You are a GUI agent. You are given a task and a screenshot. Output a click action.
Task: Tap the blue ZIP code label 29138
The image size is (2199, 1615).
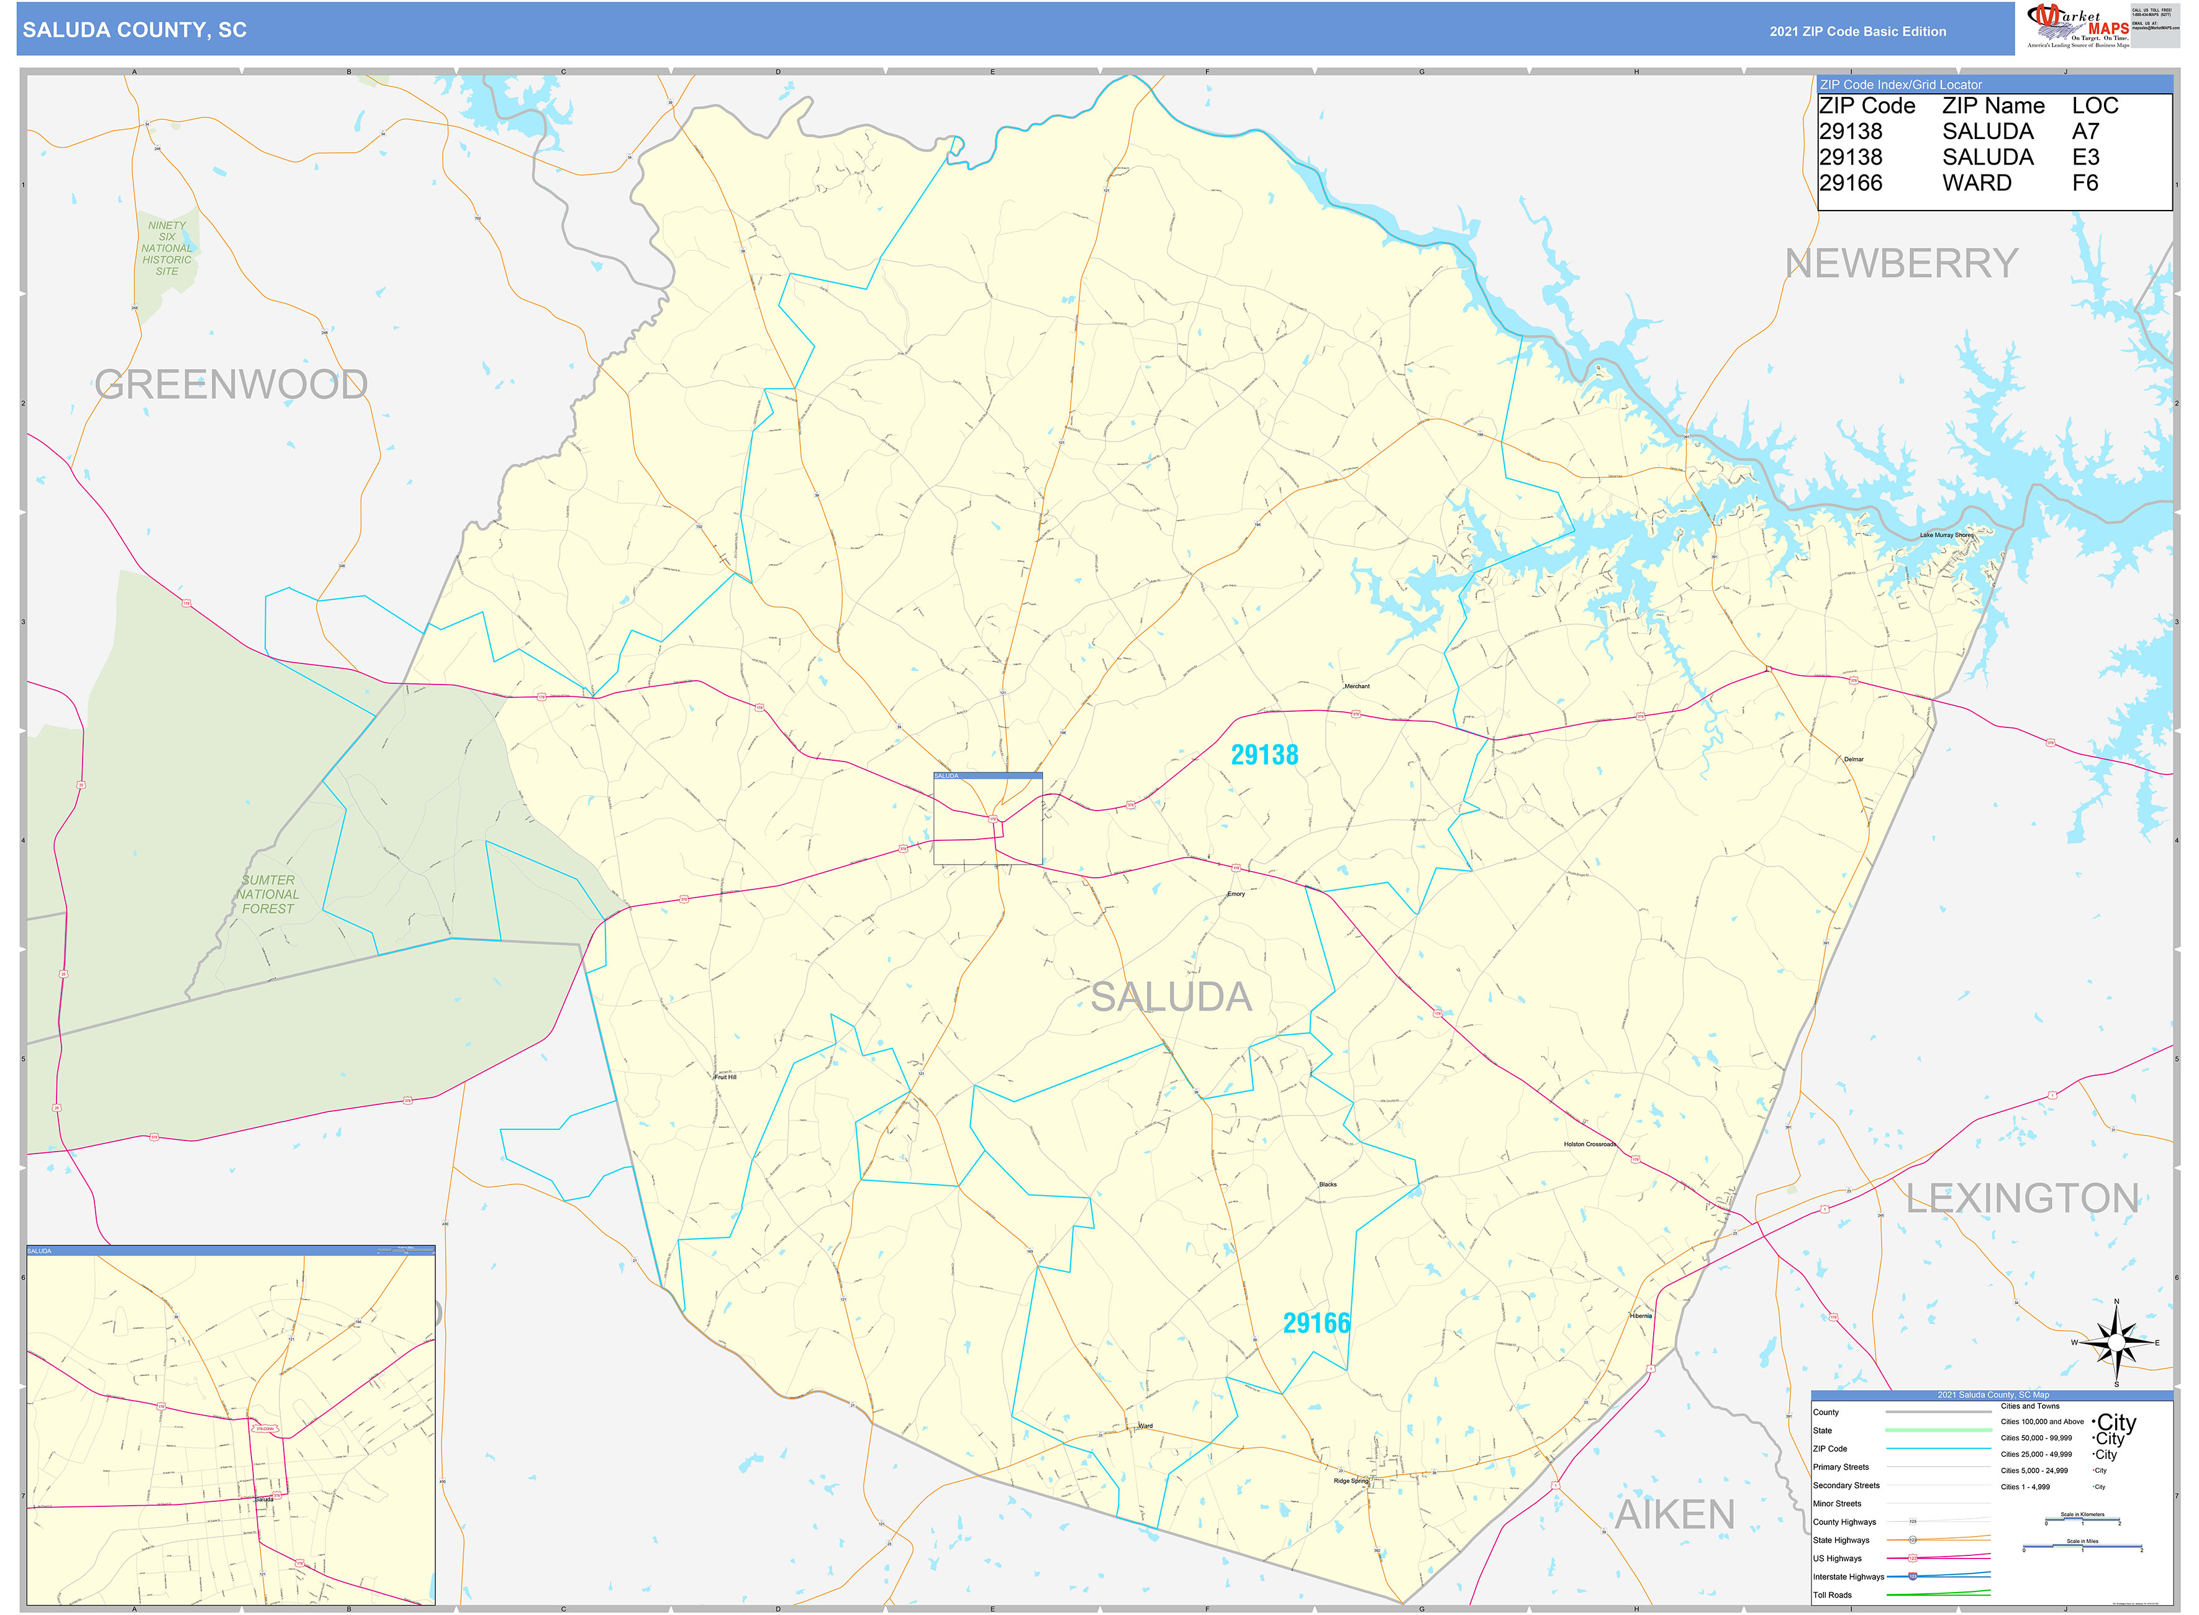coord(1264,755)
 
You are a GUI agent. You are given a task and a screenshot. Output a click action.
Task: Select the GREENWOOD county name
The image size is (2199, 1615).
coord(232,384)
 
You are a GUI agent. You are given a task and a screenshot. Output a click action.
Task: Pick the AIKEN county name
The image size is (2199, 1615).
coord(1674,1514)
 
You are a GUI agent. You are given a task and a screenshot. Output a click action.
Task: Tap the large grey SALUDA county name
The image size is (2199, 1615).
coord(1171,997)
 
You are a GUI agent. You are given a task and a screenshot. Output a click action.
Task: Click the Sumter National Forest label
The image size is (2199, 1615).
coord(268,894)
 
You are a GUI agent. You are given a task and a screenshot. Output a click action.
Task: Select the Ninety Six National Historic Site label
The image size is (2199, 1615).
coord(167,248)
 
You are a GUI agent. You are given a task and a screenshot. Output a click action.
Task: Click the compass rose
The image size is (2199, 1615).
coord(2116,1343)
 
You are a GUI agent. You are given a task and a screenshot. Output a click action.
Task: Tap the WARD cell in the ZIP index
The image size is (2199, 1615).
coord(1976,183)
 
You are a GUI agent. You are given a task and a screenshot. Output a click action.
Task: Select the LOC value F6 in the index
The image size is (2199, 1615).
coord(2085,183)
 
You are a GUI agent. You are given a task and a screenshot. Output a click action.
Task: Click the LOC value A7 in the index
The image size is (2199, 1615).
coord(2085,131)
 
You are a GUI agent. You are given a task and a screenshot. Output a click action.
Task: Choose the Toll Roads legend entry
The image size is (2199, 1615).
coord(1833,1596)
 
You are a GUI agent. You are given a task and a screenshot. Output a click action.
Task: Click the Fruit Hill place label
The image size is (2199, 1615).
coord(725,1077)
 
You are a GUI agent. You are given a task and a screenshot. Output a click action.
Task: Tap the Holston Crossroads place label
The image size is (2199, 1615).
coord(1589,1144)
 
